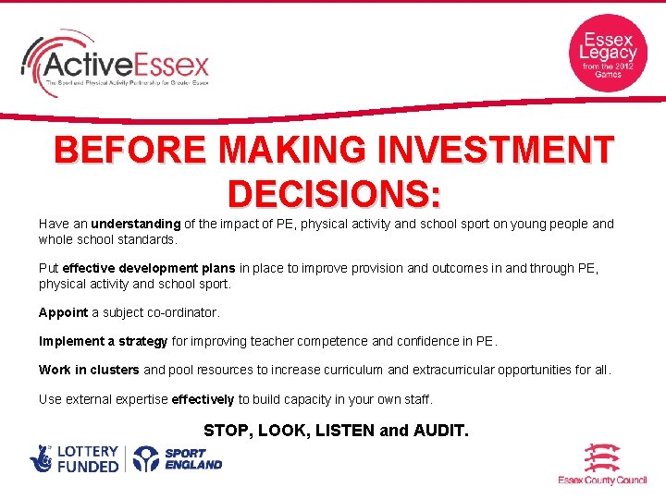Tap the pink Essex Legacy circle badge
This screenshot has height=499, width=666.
tap(607, 53)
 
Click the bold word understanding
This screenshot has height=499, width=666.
tap(136, 224)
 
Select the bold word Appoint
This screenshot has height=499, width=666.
tap(63, 312)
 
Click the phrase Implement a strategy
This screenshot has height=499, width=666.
tap(104, 341)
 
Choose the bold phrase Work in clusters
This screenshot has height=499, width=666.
tap(89, 370)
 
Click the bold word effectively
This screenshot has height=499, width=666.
tap(203, 399)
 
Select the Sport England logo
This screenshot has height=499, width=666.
tap(178, 459)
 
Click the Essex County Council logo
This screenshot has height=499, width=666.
tap(601, 465)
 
